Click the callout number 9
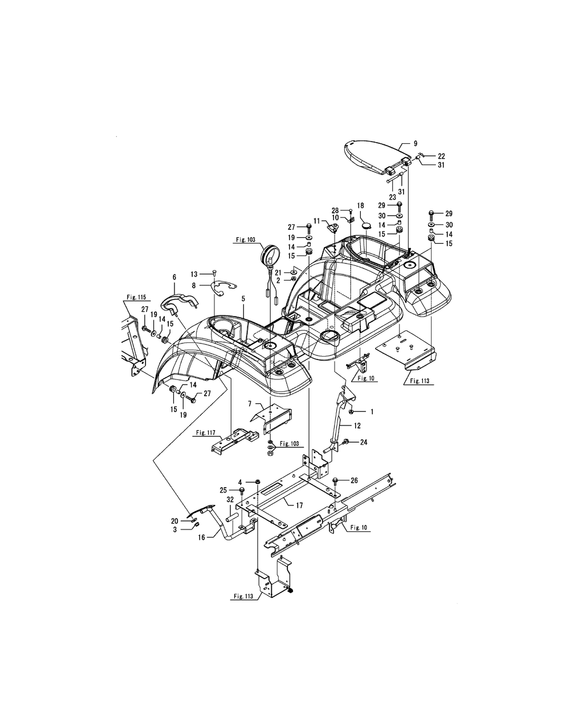pos(416,144)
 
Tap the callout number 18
pos(360,205)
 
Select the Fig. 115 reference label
pos(136,297)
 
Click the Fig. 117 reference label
pos(206,432)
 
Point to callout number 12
pos(357,426)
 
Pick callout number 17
pos(299,505)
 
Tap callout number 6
pos(174,277)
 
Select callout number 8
pos(194,285)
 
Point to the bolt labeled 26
pos(336,482)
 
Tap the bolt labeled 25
pos(242,491)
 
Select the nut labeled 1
pos(351,411)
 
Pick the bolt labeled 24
pos(345,442)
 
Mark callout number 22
pos(442,156)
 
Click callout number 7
pos(250,404)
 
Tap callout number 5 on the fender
pos(243,298)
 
